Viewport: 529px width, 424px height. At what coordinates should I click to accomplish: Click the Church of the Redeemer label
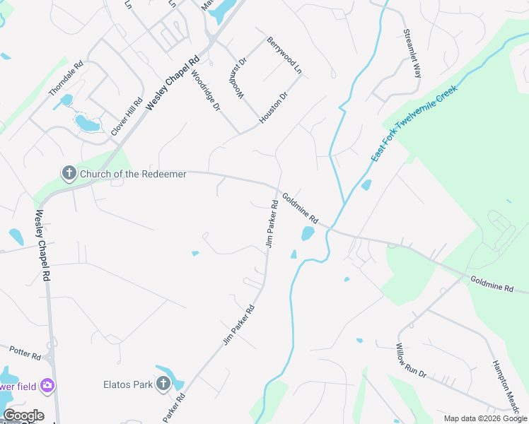coord(133,173)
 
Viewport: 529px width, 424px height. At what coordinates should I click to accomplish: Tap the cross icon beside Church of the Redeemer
coord(69,173)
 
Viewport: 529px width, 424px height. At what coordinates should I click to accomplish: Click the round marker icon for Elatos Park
coord(163,384)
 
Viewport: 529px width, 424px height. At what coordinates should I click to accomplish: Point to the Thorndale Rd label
coord(66,78)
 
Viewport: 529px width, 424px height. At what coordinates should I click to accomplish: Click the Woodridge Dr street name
coord(206,91)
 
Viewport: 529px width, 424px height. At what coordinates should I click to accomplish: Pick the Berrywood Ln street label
coord(284,57)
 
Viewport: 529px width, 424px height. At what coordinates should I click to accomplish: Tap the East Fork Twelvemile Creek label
coord(415,122)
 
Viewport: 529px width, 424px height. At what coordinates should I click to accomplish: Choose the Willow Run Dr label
coord(411,360)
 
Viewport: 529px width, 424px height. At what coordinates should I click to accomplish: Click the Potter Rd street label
coord(25,351)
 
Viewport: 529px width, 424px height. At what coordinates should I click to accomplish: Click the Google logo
coord(23,416)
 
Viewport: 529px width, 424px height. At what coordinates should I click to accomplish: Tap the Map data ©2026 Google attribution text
coord(484,418)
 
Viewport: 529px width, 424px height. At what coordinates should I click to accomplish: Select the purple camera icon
coord(47,385)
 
